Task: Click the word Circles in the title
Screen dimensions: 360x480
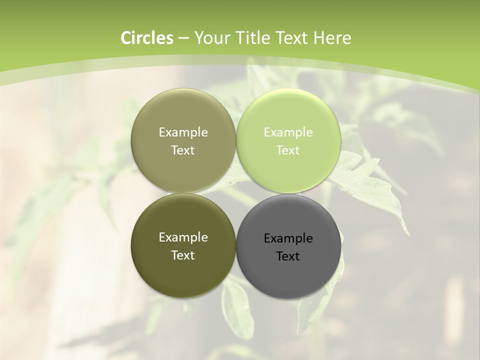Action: (x=146, y=38)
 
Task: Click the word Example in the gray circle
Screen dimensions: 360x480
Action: (x=288, y=238)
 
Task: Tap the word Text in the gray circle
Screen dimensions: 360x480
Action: (x=288, y=256)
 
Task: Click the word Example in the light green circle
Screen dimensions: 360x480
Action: (x=288, y=132)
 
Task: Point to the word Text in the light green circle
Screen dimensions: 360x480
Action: (x=288, y=150)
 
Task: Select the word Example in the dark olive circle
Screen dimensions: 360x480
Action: (x=183, y=237)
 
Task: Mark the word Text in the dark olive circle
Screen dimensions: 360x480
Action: (x=183, y=255)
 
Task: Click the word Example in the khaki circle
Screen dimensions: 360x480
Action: (x=183, y=132)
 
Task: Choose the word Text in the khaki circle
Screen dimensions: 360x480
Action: (x=183, y=150)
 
